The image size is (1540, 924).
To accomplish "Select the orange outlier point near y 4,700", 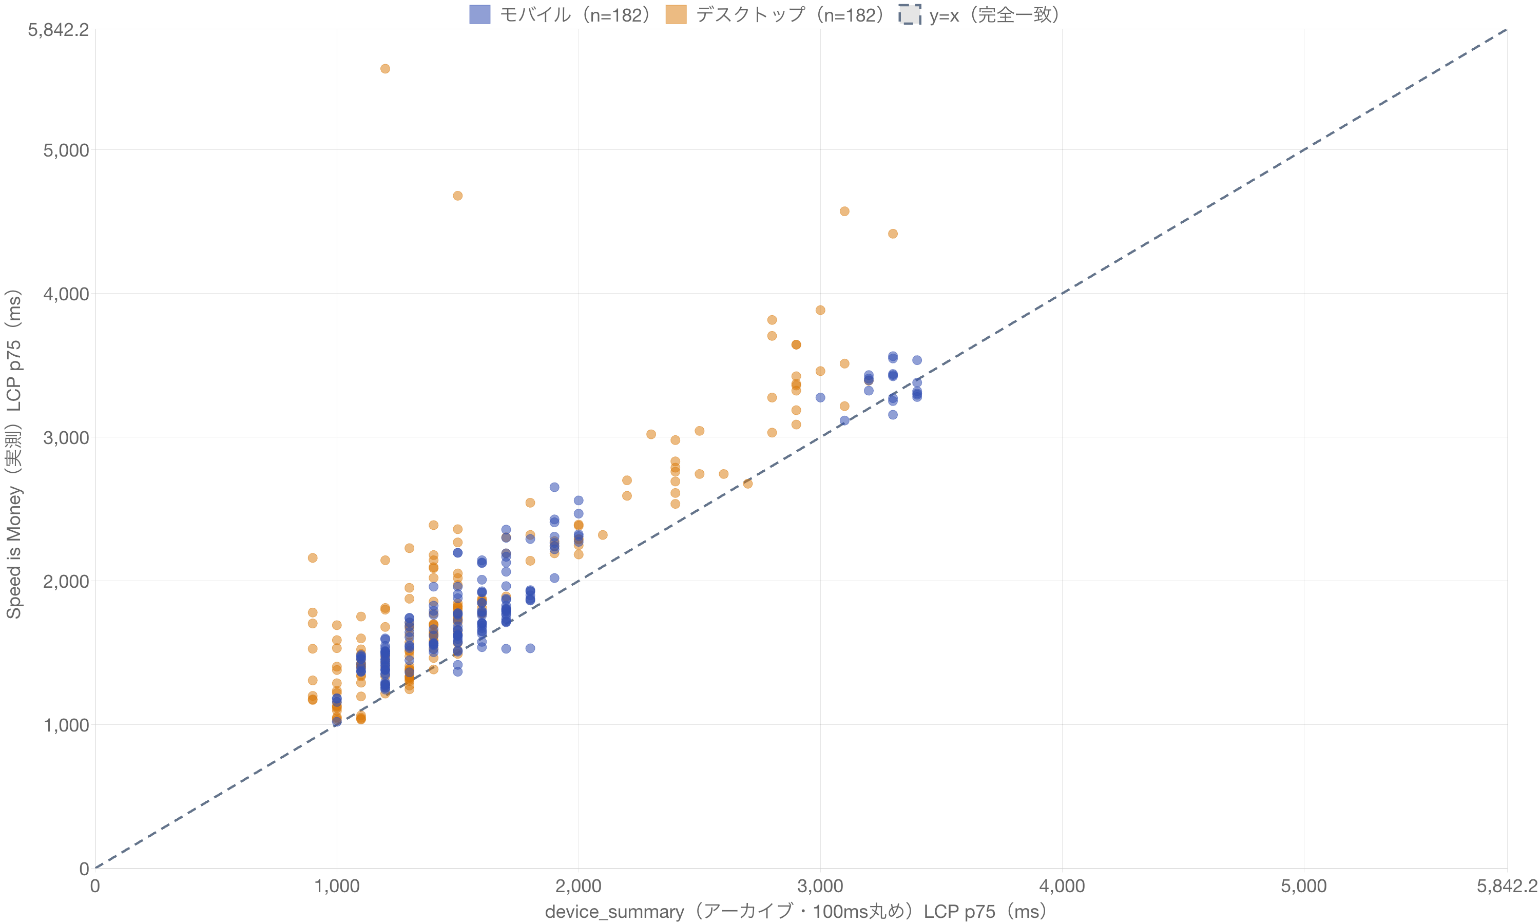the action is click(x=457, y=196).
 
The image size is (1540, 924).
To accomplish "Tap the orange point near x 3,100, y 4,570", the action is click(x=844, y=211).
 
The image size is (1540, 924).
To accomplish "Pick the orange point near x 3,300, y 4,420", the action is click(x=893, y=234).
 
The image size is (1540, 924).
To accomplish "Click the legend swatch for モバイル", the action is click(x=480, y=14).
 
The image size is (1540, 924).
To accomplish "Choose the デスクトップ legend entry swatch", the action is click(x=676, y=14).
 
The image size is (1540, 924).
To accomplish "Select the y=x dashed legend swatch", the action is click(x=910, y=14).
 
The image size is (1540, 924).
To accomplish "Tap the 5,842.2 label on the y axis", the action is click(x=59, y=29).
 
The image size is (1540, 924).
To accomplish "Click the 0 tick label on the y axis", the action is click(x=85, y=869).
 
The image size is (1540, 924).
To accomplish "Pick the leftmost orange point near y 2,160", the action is click(x=313, y=558).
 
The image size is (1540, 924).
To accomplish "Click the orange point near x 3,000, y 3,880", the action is click(x=820, y=310).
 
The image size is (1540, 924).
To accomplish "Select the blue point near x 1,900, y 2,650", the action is click(x=554, y=487).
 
